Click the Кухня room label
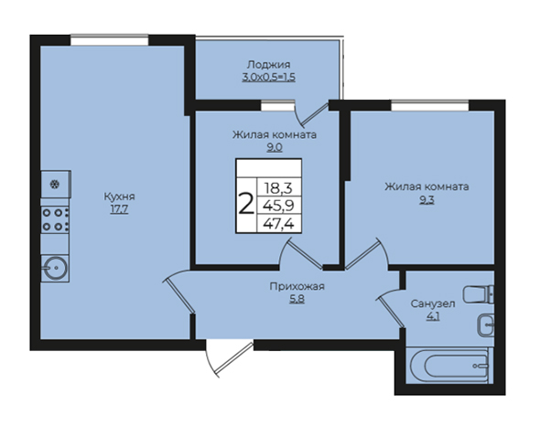pyautogui.click(x=119, y=197)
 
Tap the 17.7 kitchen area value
pyautogui.click(x=119, y=209)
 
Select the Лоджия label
pyautogui.click(x=268, y=65)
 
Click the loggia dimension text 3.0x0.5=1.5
pyautogui.click(x=268, y=77)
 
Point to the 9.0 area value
pyautogui.click(x=275, y=147)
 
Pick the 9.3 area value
pyautogui.click(x=427, y=199)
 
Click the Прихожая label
pyautogui.click(x=297, y=286)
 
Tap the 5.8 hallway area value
pyautogui.click(x=297, y=299)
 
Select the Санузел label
pyautogui.click(x=433, y=304)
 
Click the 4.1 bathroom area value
pyautogui.click(x=433, y=316)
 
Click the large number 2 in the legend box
pyautogui.click(x=246, y=204)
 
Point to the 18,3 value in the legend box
pyautogui.click(x=278, y=188)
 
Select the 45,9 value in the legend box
pyautogui.click(x=278, y=206)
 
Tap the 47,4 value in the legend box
pyautogui.click(x=278, y=224)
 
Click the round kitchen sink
pyautogui.click(x=55, y=269)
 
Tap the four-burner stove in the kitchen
pyautogui.click(x=55, y=220)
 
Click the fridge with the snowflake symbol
pyautogui.click(x=56, y=185)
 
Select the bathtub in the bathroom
pyautogui.click(x=449, y=366)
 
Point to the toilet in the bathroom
pyautogui.click(x=479, y=294)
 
